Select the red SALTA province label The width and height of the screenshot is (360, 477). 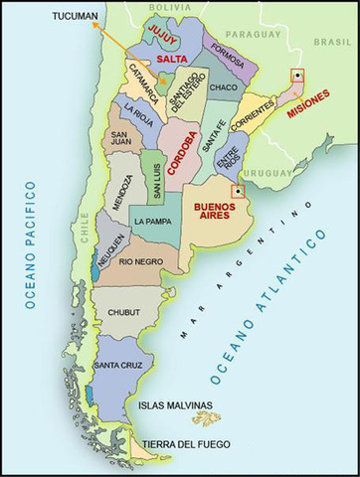coord(172,60)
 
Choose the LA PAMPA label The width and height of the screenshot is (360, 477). coord(155,221)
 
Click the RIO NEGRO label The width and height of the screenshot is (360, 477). coord(140,261)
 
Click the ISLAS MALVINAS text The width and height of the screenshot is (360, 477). coord(175,405)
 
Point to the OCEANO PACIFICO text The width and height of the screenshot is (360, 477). coord(32,244)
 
